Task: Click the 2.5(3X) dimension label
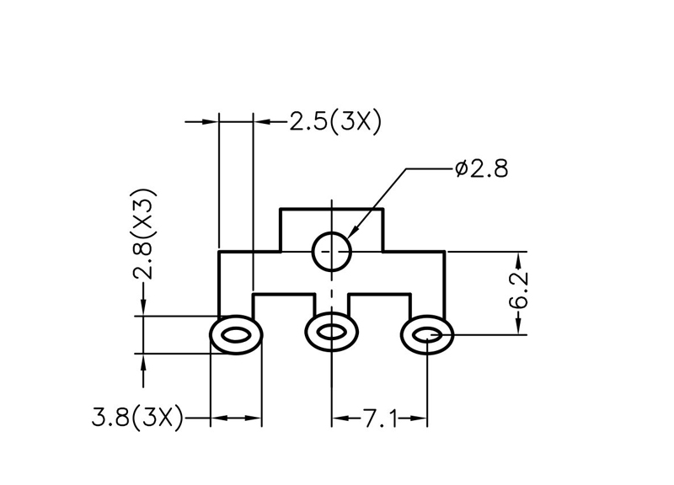[335, 123]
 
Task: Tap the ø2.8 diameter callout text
[480, 168]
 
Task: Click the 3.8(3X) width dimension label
[138, 417]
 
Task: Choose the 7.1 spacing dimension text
[380, 417]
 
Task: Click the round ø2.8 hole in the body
[332, 250]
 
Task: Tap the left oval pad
[235, 335]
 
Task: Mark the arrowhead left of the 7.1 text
[339, 417]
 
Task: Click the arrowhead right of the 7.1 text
[421, 417]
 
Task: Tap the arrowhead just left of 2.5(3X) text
[261, 123]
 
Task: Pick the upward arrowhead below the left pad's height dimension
[145, 360]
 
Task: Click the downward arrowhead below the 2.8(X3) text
[145, 311]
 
